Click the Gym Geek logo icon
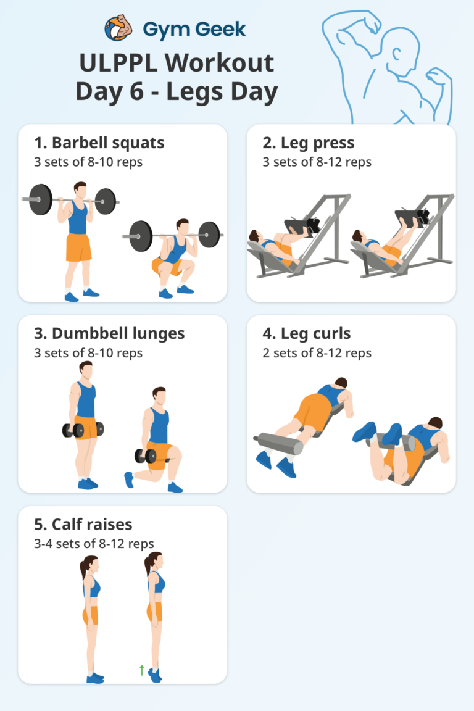coord(119,29)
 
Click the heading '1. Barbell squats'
coord(99,143)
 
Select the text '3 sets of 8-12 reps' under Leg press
coord(317,162)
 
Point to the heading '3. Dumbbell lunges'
coord(109,334)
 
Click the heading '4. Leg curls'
coord(306,334)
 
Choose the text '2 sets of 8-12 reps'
coord(317,353)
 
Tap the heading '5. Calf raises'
coord(83,525)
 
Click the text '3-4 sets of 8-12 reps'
coord(94,544)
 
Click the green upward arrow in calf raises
coord(142,670)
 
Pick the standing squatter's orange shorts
coord(78,247)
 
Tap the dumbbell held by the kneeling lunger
coord(145,456)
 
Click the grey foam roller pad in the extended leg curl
coord(278,443)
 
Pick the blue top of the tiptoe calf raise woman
coord(158,583)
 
